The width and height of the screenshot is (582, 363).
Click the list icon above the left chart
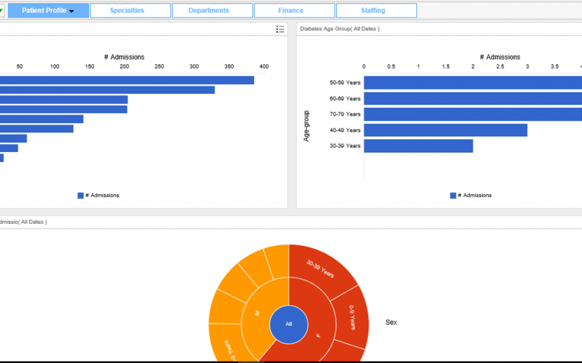click(280, 29)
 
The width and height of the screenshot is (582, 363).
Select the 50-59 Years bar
click(470, 83)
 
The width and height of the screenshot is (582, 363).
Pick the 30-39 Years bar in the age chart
click(418, 146)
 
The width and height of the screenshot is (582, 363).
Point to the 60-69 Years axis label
click(345, 99)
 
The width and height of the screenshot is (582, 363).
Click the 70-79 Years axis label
click(345, 114)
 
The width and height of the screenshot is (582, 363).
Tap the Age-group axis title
click(307, 126)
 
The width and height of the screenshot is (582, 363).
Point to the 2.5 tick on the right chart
click(500, 67)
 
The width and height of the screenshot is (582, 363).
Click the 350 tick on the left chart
click(229, 67)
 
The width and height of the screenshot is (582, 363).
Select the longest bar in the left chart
click(128, 80)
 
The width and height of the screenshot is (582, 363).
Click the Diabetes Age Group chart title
click(340, 29)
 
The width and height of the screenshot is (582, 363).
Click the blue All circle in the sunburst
click(289, 324)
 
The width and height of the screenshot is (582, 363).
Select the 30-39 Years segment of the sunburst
click(320, 268)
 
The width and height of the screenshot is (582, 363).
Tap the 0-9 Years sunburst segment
click(352, 317)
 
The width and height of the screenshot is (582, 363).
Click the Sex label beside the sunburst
click(391, 323)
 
